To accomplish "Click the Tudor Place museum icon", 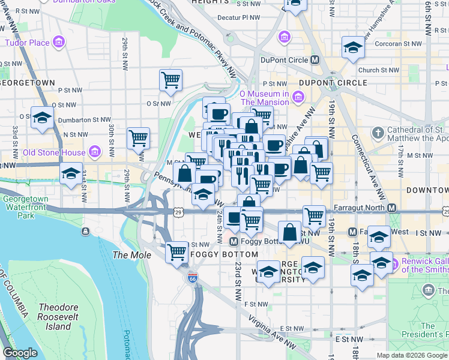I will (x=59, y=43).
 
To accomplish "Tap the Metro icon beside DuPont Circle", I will (x=315, y=60).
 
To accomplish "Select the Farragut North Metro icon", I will (x=391, y=208).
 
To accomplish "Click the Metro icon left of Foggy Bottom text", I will (x=234, y=242).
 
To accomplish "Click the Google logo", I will (x=20, y=353).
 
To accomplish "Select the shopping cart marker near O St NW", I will (x=171, y=80).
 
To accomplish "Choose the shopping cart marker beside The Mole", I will (x=177, y=251).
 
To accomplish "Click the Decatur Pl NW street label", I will (x=238, y=18).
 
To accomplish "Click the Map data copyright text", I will (x=412, y=355).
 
